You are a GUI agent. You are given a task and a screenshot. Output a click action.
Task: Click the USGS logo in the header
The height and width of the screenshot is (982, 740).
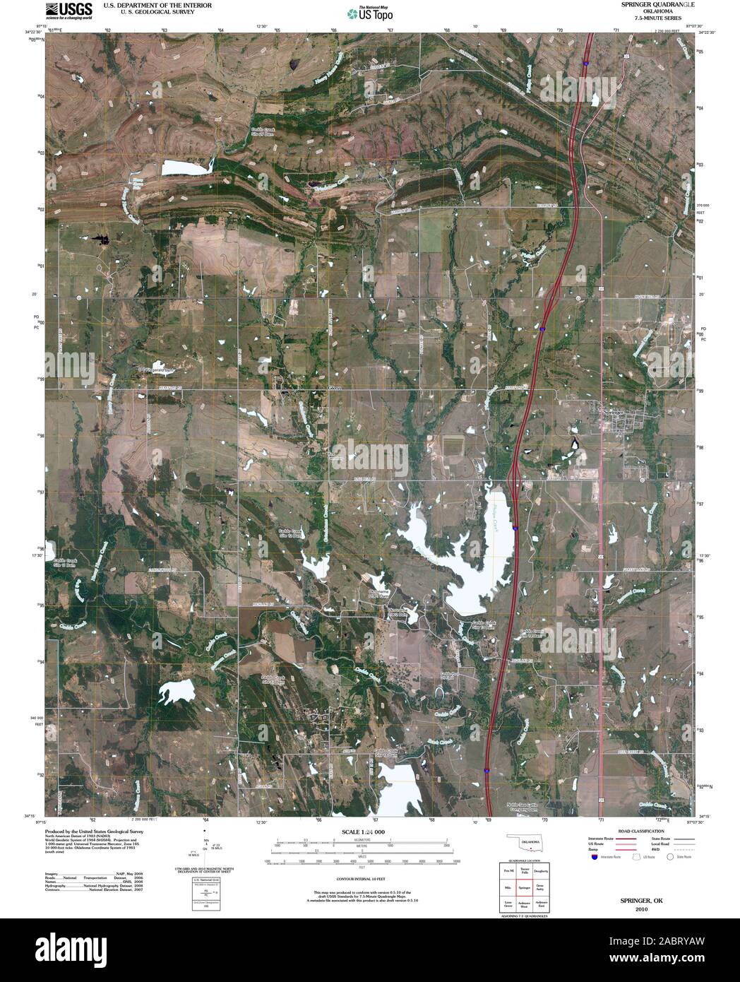[68, 11]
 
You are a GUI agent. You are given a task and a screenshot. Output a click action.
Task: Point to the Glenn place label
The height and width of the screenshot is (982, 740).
[335, 388]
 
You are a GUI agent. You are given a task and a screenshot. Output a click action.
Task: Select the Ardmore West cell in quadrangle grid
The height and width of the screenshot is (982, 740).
[524, 904]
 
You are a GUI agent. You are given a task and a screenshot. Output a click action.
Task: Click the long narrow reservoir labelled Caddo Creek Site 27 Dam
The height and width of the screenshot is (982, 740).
[187, 167]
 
